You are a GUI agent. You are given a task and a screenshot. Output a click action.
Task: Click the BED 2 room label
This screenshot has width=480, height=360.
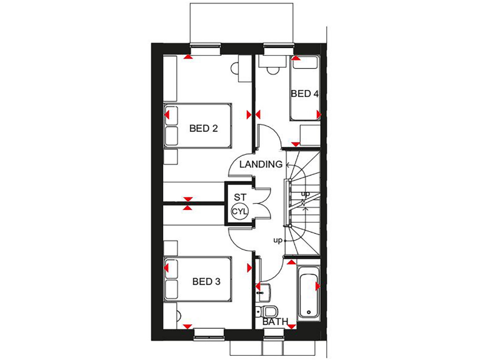[x=203, y=129]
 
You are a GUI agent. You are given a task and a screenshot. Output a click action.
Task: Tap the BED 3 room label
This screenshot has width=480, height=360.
[x=206, y=282]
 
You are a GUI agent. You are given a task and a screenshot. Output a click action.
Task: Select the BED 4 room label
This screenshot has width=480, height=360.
[x=304, y=94]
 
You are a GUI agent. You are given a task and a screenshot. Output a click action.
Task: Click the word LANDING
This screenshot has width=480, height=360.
[x=261, y=164]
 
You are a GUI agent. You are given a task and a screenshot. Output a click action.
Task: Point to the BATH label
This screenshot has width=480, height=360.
[x=276, y=322]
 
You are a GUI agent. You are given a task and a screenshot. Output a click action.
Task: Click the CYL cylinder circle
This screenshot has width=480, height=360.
[x=240, y=212]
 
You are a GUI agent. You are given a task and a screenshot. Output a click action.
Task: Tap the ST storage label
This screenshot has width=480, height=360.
[x=240, y=197]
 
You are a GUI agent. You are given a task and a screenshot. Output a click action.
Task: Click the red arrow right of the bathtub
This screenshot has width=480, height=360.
[x=318, y=287]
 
